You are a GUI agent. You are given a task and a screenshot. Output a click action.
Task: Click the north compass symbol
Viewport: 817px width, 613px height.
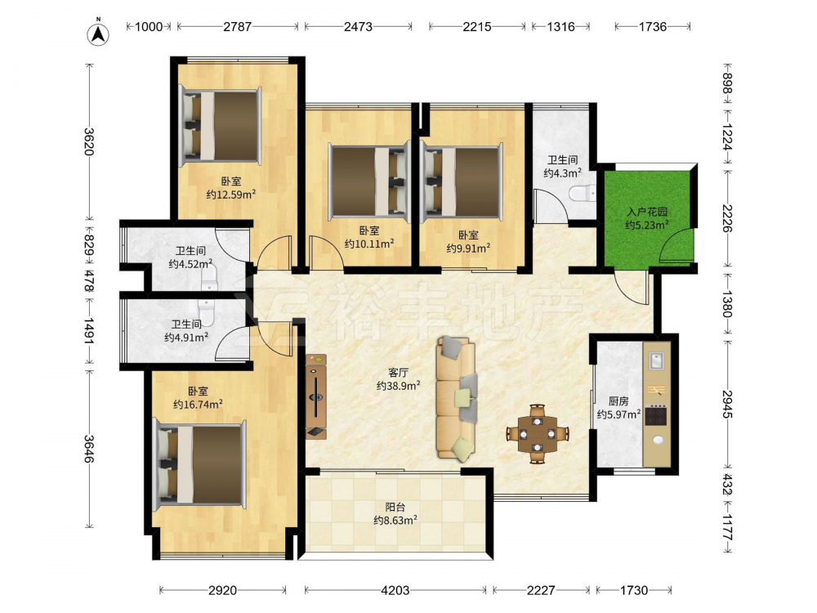tap(97, 34)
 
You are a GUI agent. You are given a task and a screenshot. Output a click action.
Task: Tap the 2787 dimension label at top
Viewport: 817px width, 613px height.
tap(238, 27)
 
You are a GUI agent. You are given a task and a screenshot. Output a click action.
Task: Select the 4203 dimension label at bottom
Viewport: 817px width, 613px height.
tap(395, 590)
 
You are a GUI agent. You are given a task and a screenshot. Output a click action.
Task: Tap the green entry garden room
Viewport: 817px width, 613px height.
tap(648, 218)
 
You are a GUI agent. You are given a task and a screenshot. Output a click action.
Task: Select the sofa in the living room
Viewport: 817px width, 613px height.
tap(457, 399)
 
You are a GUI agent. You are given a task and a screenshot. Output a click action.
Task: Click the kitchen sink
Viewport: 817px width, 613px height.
tap(655, 360)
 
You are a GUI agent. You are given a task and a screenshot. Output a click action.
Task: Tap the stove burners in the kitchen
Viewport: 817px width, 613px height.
tap(656, 415)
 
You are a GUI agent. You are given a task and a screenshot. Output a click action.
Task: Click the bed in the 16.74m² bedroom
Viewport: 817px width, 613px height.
tap(201, 464)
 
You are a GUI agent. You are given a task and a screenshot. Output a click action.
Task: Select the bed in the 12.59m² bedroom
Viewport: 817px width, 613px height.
tap(221, 126)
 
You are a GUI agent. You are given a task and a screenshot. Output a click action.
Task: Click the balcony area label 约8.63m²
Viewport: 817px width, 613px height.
tap(395, 520)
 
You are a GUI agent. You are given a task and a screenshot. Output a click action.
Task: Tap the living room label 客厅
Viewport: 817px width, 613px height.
tap(398, 373)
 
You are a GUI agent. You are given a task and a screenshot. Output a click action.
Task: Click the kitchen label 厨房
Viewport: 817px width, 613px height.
tap(618, 401)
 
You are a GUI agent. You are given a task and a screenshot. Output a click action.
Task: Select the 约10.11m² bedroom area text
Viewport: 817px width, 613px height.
tap(369, 244)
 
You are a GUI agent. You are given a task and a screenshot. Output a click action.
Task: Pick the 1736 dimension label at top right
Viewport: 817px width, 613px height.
tap(652, 27)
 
